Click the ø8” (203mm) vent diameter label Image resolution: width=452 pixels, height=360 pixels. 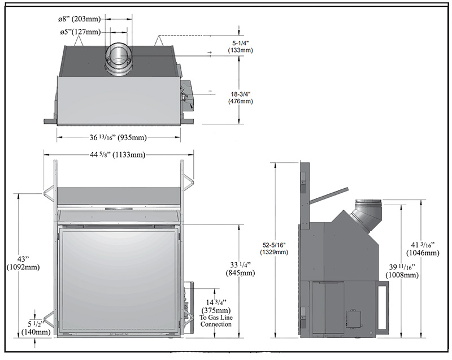click(79, 19)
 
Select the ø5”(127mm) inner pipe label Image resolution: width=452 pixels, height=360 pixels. click(80, 32)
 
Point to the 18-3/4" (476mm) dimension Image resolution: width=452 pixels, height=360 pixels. click(241, 98)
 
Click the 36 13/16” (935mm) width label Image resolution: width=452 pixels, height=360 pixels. click(118, 137)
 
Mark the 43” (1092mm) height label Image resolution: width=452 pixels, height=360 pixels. click(23, 263)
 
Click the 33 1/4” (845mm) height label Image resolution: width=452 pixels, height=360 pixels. click(242, 269)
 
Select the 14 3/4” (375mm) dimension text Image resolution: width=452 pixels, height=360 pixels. click(216, 306)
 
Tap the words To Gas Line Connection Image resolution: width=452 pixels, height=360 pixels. click(216, 321)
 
